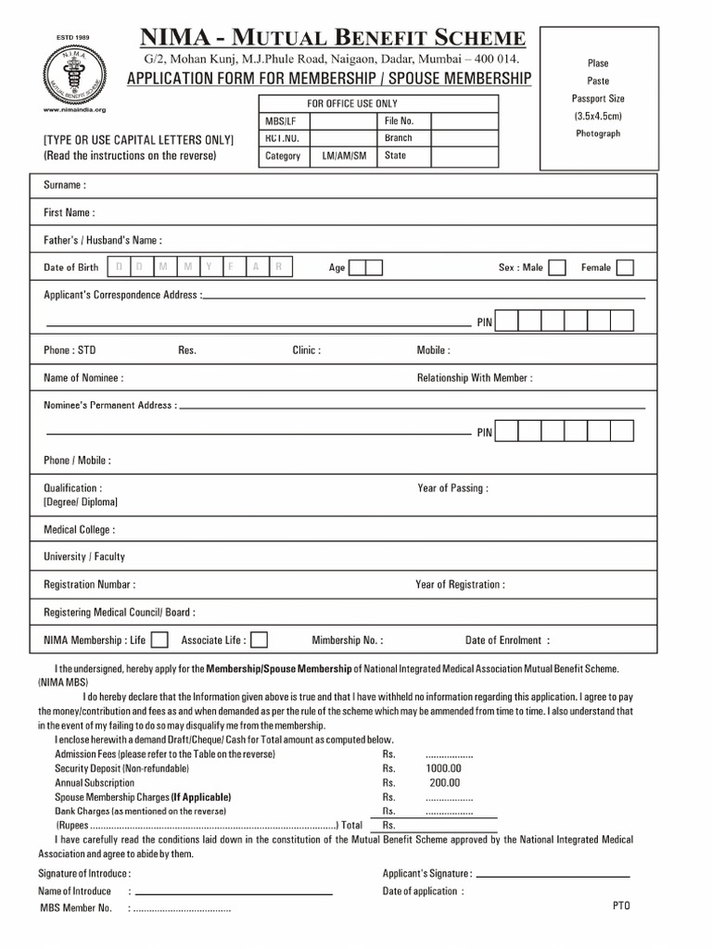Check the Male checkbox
click(556, 268)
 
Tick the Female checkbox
click(625, 268)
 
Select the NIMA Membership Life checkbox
click(159, 639)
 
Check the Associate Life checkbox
click(260, 639)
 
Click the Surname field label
click(65, 185)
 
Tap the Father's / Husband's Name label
click(103, 240)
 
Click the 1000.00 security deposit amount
click(443, 768)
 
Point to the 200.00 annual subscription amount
click(445, 782)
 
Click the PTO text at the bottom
click(621, 905)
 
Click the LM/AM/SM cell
click(344, 156)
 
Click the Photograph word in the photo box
click(598, 133)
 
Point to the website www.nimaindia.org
click(75, 109)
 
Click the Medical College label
click(80, 530)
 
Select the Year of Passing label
click(452, 488)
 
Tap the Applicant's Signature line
click(553, 876)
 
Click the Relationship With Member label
click(475, 378)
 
